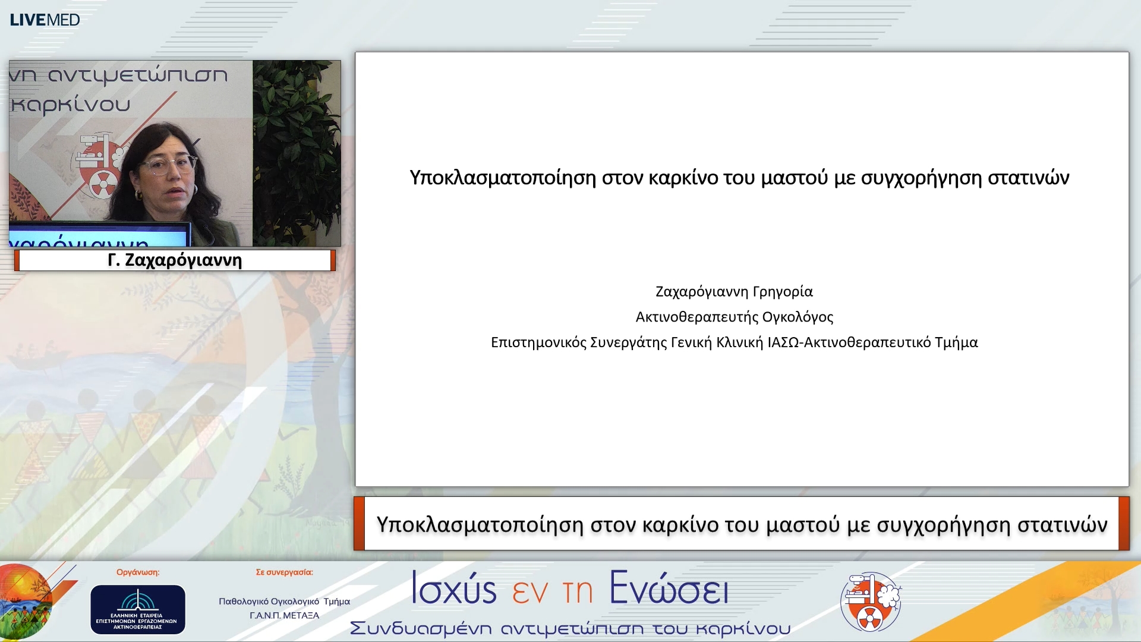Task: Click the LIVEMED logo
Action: pos(45,20)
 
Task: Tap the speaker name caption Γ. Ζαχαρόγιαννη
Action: pos(175,260)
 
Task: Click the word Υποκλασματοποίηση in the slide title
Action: pos(502,178)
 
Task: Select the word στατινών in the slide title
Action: pos(1028,178)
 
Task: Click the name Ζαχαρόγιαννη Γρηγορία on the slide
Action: pos(734,291)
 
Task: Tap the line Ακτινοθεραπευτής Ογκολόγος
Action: pos(734,317)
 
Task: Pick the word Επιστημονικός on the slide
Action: pos(538,342)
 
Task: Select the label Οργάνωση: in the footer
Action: pos(138,572)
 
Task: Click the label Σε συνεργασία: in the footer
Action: pos(284,572)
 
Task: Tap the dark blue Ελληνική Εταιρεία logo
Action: pos(138,609)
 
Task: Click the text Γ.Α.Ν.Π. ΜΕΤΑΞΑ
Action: pos(284,615)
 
